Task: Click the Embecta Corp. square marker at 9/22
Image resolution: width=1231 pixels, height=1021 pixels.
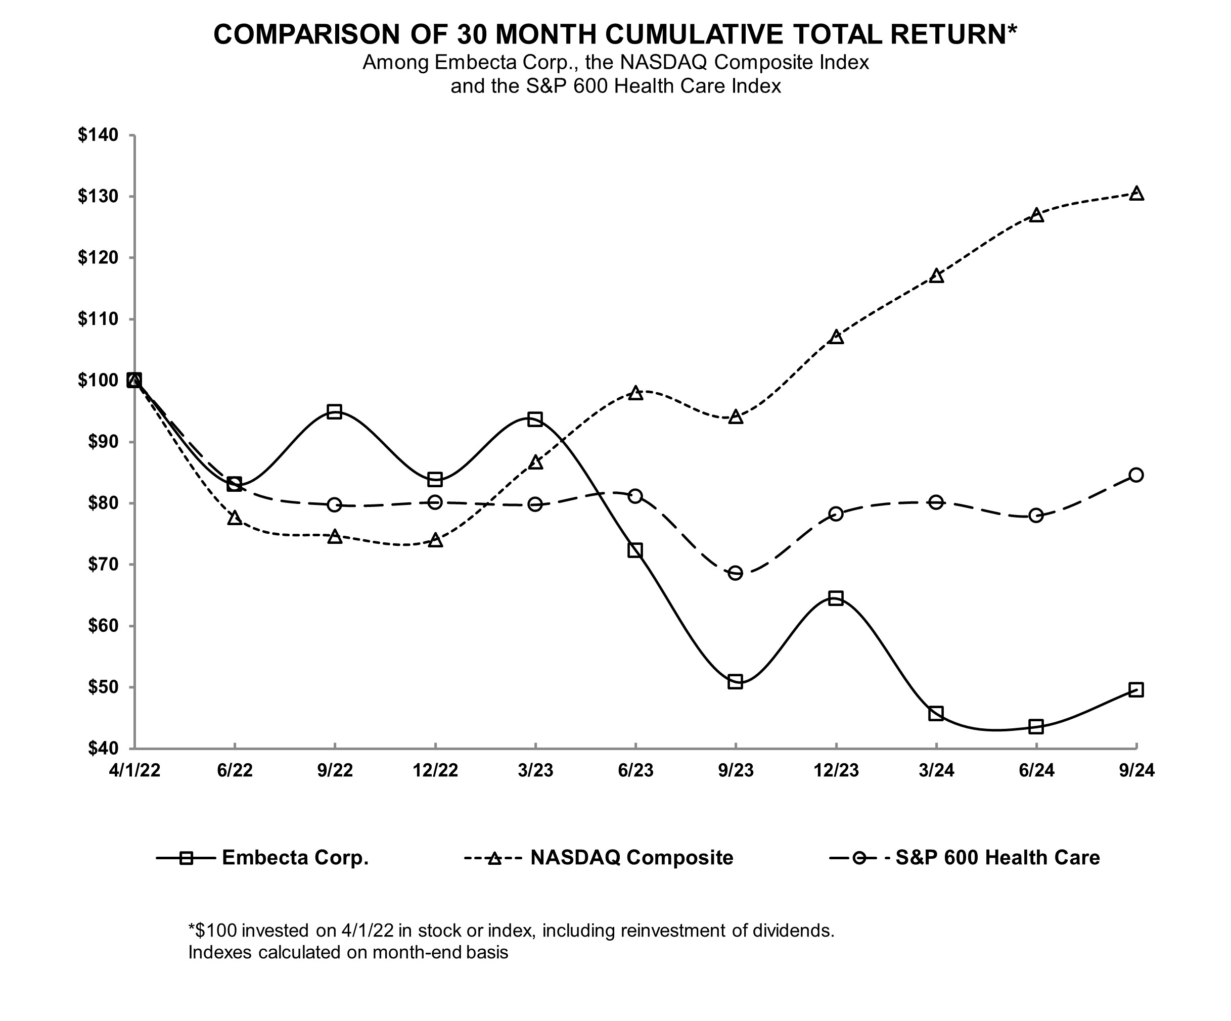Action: [335, 411]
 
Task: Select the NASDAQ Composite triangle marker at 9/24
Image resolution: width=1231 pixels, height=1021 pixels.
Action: [1136, 194]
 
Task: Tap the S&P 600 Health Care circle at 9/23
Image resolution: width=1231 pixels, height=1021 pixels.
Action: [735, 573]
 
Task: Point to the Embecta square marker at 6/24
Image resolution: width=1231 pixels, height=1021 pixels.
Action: [1036, 727]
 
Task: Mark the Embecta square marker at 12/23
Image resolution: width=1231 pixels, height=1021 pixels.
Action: [836, 598]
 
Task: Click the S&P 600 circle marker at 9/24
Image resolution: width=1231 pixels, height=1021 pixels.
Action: [1136, 475]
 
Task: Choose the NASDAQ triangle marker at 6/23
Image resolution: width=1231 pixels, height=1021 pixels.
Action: [635, 393]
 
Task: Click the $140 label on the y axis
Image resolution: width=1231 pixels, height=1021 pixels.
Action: [98, 135]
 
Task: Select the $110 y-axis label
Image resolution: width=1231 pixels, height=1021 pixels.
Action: [98, 319]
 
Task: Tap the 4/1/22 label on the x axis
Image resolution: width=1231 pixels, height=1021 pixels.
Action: [134, 770]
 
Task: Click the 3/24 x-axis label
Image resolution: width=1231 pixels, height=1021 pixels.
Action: [936, 770]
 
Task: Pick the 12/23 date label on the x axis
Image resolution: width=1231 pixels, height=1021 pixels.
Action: [836, 770]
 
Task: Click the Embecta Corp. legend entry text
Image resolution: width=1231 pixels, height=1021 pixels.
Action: [295, 857]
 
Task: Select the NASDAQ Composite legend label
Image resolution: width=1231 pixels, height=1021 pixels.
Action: [631, 857]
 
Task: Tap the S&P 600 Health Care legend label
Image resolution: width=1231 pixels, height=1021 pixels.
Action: [998, 857]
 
